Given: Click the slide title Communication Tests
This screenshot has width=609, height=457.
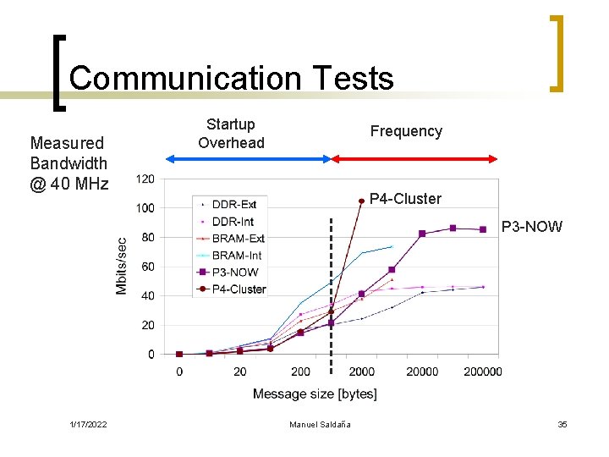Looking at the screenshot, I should pyautogui.click(x=231, y=79).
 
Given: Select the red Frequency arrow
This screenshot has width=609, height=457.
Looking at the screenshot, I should pyautogui.click(x=414, y=158).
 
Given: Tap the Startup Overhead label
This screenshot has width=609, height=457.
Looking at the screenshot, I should pyautogui.click(x=231, y=134).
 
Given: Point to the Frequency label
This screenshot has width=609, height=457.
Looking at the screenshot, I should pyautogui.click(x=406, y=131).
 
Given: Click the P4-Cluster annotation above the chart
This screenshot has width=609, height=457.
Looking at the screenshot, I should pyautogui.click(x=405, y=199).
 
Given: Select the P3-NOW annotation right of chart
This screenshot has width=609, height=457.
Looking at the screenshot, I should pyautogui.click(x=531, y=227).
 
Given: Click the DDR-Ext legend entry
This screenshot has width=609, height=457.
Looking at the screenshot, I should pyautogui.click(x=233, y=205).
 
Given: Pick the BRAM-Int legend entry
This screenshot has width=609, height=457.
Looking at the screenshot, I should pyautogui.click(x=236, y=256).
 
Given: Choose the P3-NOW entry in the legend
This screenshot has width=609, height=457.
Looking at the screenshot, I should pyautogui.click(x=234, y=273).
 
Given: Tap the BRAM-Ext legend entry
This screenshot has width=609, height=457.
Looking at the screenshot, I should pyautogui.click(x=237, y=239).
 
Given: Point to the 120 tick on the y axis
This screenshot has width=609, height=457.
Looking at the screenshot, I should pyautogui.click(x=145, y=179).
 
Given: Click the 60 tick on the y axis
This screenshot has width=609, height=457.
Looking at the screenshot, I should pyautogui.click(x=147, y=267).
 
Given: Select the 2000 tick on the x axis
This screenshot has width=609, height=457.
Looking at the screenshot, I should pyautogui.click(x=361, y=372).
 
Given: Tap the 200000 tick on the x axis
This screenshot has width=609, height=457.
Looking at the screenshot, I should pyautogui.click(x=483, y=372).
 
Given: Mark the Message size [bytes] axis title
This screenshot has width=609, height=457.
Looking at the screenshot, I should pyautogui.click(x=315, y=394).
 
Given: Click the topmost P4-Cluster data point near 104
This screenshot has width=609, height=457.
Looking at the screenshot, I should pyautogui.click(x=361, y=201).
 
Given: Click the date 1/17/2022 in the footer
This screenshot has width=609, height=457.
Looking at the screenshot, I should pyautogui.click(x=88, y=424).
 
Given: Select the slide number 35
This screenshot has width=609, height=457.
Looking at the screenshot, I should pyautogui.click(x=562, y=424).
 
